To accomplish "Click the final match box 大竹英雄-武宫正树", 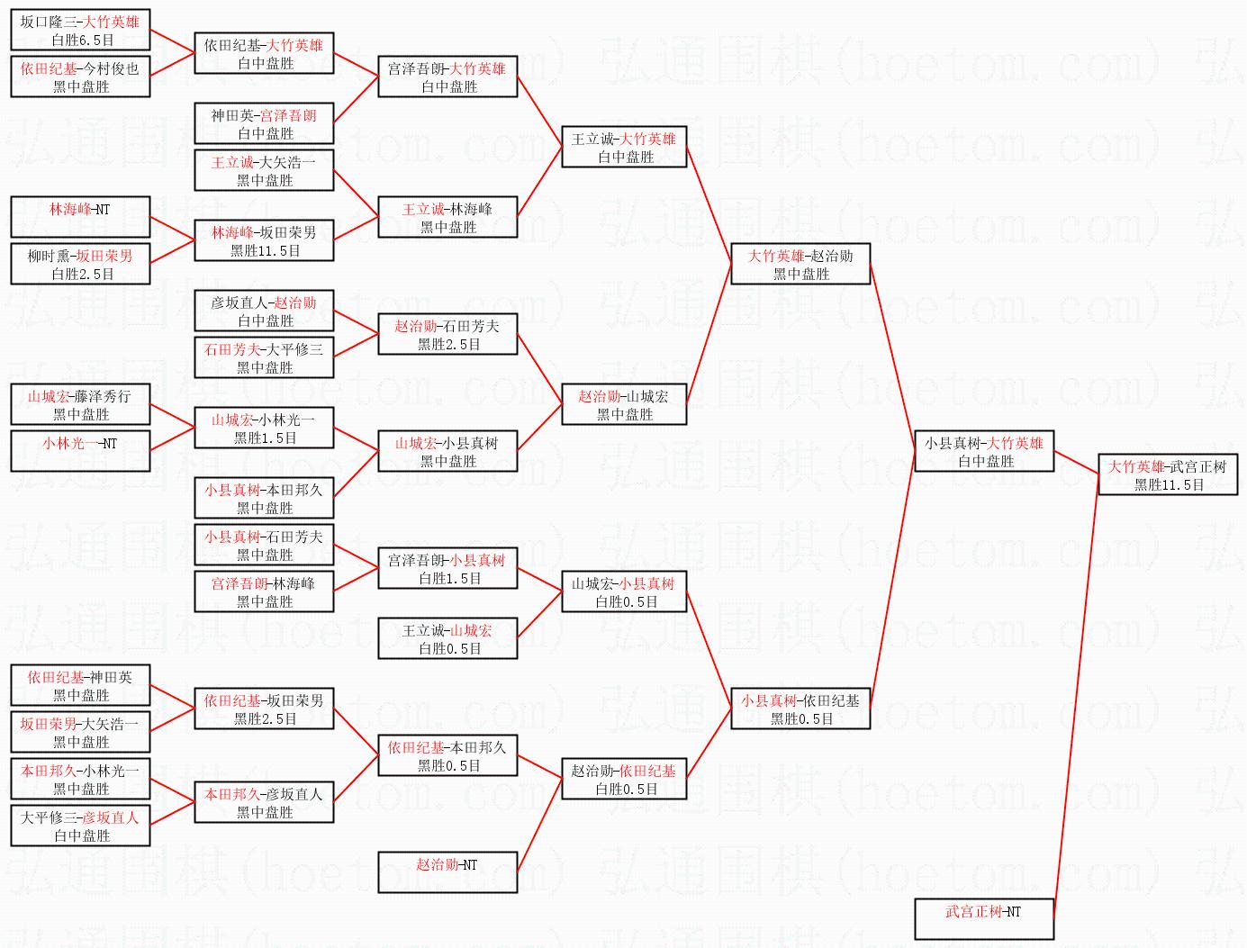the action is point(1168,475).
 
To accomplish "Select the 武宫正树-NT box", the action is point(984,919).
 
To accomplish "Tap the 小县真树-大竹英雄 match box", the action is point(984,452).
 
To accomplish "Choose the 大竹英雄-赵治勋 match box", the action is point(800,265).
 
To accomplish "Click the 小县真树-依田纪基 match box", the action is point(800,709).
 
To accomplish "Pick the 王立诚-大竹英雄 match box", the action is point(624,148).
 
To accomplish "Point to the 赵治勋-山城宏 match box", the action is point(624,405).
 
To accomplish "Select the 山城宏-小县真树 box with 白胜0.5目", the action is point(624,592).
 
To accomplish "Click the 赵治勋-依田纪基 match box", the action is point(624,780).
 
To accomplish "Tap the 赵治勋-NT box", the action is point(447,872).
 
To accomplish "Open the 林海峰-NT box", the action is point(80,217).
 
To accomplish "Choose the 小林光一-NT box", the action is point(80,451).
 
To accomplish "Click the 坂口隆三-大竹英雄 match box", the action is point(80,31).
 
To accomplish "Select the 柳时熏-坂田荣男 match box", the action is point(80,265).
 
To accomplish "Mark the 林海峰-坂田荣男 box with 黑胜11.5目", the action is point(264,241).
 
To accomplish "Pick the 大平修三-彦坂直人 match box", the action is point(80,826).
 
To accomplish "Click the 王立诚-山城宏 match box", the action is point(447,639).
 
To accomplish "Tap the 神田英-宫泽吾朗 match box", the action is point(264,124).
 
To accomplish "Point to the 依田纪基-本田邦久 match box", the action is point(447,756).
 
